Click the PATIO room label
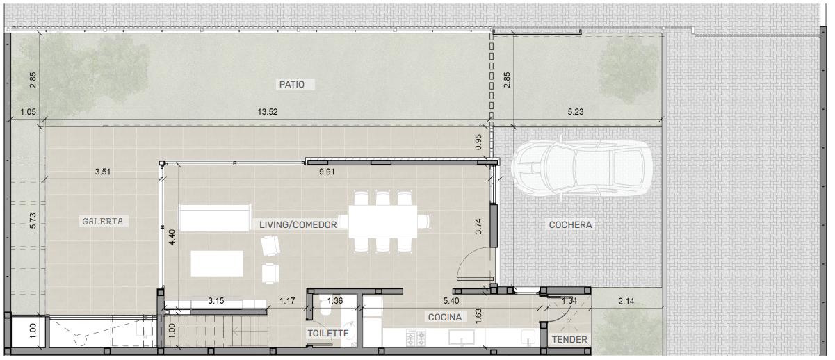coord(292,85)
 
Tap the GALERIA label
coord(102,222)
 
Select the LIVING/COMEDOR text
coord(298,224)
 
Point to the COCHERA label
coord(570,224)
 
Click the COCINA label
coord(445,317)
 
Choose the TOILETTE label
coord(328,333)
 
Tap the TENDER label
coord(569,340)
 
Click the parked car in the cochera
coord(582,167)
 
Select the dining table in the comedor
coord(383,222)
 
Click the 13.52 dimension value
coord(268,112)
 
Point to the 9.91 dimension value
coord(327,172)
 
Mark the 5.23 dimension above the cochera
coord(576,112)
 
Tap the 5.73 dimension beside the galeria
coord(33,220)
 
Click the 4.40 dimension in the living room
coord(172,237)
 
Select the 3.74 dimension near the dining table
coord(478,226)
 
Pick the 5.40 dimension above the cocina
coord(451,301)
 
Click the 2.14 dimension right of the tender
coord(626,301)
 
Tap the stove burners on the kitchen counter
coord(416,338)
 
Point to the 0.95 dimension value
coord(478,142)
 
